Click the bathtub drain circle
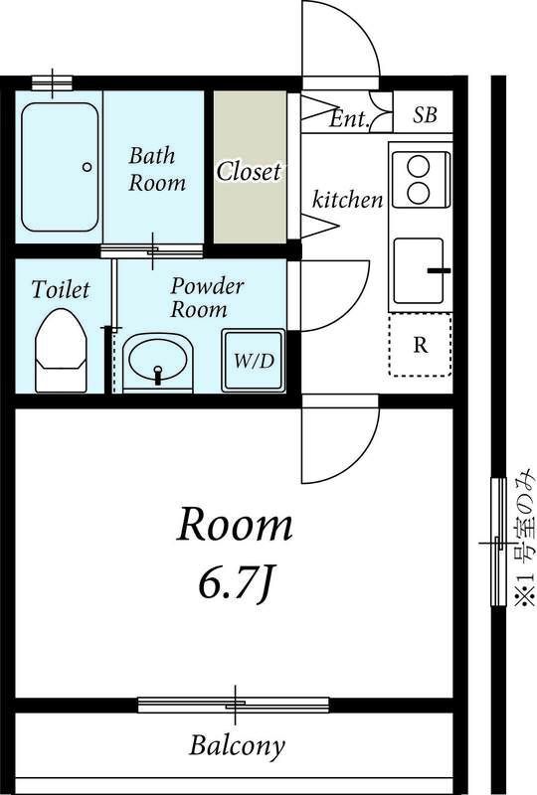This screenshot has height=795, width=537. point(87,166)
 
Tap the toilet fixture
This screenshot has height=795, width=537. point(61,351)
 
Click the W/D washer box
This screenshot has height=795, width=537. point(254,360)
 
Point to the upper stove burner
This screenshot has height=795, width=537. point(419,166)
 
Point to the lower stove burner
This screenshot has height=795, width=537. point(419,193)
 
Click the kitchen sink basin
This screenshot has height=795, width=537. point(419,269)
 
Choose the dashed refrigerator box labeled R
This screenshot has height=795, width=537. point(421,345)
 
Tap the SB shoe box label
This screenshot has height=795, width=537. point(425,115)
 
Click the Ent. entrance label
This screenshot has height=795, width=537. point(349,119)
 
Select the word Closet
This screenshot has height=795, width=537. point(249,171)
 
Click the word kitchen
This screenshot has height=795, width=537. point(347,200)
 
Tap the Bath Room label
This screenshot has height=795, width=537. point(157,169)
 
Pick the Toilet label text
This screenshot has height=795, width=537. point(61,289)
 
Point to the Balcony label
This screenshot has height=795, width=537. point(237,746)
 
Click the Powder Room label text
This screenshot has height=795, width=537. point(207,297)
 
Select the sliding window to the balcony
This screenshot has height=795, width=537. point(234,705)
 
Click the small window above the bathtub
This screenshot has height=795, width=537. point(52,83)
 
